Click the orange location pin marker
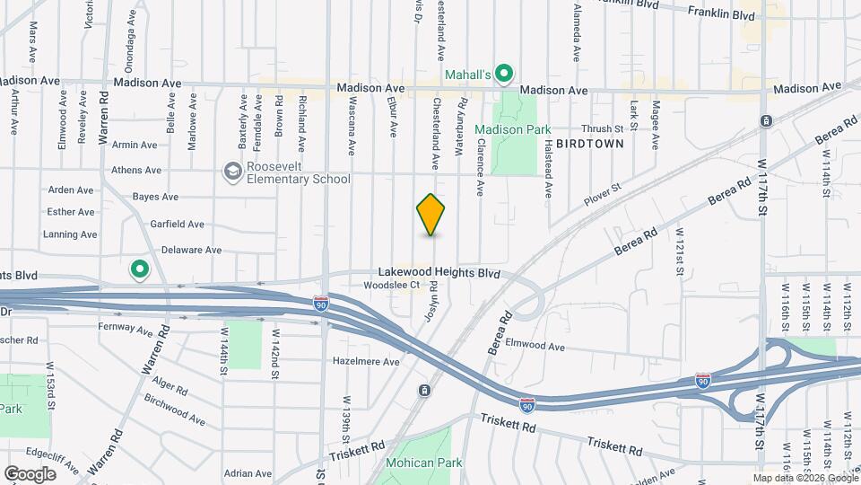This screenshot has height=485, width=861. tap(431, 215)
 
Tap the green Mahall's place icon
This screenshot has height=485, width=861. tap(505, 74)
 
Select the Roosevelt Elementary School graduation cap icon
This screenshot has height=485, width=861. tap(233, 171)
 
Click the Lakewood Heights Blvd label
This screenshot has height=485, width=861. tap(438, 270)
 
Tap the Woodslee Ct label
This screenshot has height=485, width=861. tap(392, 286)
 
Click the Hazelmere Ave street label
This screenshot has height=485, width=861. tap(365, 361)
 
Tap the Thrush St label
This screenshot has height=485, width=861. tap(601, 129)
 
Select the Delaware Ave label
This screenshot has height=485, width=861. tap(191, 250)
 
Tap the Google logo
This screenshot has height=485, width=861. tap(30, 473)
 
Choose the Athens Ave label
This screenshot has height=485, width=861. tap(135, 170)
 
